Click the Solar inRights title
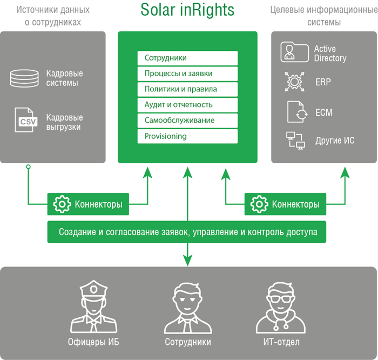(x=187, y=10)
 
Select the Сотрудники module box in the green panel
(x=187, y=58)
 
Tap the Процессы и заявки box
(x=187, y=74)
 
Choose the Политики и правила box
(x=187, y=89)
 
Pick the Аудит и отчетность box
(x=187, y=105)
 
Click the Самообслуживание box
(x=187, y=121)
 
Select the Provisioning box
(x=187, y=136)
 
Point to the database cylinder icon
(x=24, y=78)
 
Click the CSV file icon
(x=26, y=120)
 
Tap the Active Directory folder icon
(x=294, y=52)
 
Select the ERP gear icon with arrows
(x=294, y=82)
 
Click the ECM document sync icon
(x=297, y=112)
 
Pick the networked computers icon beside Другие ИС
(x=295, y=141)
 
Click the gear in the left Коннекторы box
(x=62, y=204)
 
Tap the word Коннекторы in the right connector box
(x=296, y=204)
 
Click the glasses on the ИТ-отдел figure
(x=281, y=299)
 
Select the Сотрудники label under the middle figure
(x=188, y=342)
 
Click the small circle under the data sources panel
(x=28, y=166)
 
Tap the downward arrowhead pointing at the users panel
(x=187, y=260)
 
